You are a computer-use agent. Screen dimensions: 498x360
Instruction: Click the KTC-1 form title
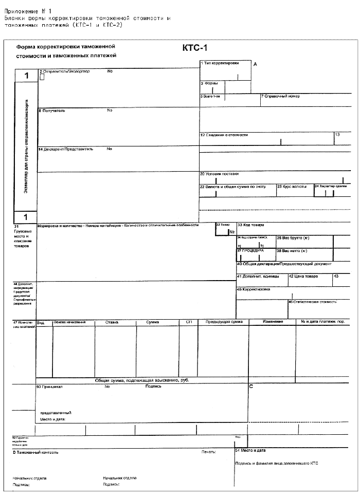(193, 48)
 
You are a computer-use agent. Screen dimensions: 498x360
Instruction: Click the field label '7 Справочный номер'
(281, 96)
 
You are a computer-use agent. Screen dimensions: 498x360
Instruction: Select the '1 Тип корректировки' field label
(220, 63)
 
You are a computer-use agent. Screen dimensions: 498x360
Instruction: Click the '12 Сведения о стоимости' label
(224, 135)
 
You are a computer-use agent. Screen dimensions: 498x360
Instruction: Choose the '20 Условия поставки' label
(220, 174)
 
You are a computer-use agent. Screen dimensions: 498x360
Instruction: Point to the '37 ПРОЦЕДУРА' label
(250, 251)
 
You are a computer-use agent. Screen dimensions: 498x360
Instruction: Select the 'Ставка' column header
(112, 322)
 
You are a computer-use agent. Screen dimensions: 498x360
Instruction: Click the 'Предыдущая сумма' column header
(224, 322)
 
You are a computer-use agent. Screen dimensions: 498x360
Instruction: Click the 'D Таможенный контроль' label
(35, 452)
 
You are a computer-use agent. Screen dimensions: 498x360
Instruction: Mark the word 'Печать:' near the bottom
(209, 452)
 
